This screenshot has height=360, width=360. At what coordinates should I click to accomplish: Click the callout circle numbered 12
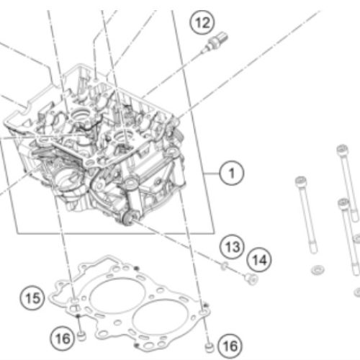coord(202,23)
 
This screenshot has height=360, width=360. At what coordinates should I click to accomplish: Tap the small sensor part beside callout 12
coord(210,47)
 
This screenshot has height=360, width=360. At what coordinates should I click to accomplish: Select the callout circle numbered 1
coord(231,173)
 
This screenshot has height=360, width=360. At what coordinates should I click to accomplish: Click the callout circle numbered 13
coord(230,246)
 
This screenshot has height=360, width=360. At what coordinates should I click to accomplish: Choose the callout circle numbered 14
coord(258,258)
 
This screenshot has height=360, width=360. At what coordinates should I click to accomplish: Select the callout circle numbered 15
coord(31,296)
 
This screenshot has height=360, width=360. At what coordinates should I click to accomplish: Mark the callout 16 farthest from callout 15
coord(228,346)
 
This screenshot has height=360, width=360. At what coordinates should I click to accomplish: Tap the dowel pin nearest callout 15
coord(81,333)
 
